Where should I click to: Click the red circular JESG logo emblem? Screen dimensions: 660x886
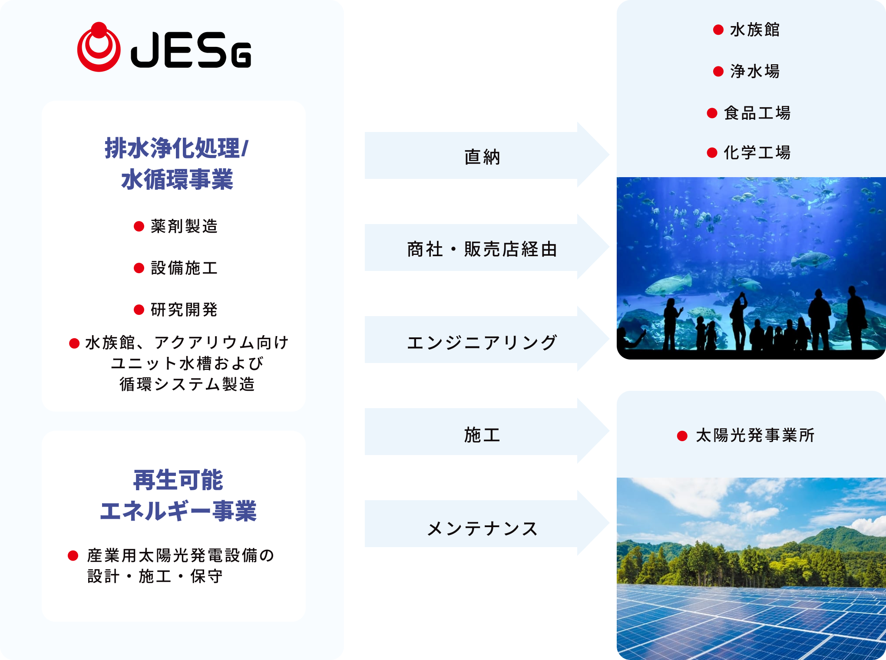click(x=99, y=48)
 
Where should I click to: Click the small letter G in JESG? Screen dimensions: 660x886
click(x=241, y=55)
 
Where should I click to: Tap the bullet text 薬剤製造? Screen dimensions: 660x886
click(x=184, y=226)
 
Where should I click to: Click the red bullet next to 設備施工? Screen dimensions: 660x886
click(x=139, y=268)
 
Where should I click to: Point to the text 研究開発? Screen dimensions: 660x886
click(x=184, y=310)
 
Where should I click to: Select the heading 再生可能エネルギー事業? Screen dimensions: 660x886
click(x=178, y=495)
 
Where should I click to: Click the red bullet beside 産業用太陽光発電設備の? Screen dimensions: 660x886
click(x=73, y=555)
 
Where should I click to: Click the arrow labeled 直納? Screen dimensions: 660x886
click(x=482, y=156)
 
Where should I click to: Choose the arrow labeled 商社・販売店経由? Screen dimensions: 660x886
click(x=482, y=248)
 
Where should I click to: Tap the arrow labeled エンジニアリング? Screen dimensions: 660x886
click(x=482, y=340)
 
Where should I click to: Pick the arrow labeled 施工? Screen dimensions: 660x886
click(x=482, y=432)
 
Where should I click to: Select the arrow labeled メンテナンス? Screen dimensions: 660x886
click(x=482, y=524)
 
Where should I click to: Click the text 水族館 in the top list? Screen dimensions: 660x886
click(x=755, y=30)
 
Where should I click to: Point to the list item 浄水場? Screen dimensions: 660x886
click(x=755, y=71)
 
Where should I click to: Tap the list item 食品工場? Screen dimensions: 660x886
click(x=757, y=113)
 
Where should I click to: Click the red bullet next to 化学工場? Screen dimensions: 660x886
click(x=712, y=153)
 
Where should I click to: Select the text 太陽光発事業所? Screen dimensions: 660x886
click(x=755, y=436)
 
